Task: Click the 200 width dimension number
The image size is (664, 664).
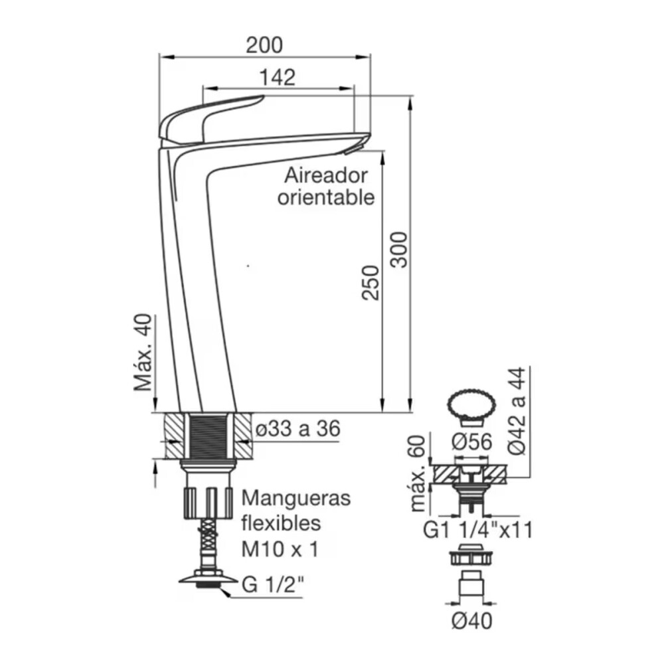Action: point(264,45)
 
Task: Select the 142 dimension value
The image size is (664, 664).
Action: point(278,78)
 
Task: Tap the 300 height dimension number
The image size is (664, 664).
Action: point(399,250)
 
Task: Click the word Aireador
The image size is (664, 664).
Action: point(326,175)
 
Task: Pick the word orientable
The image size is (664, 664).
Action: point(326,197)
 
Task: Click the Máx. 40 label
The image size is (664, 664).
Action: point(143,353)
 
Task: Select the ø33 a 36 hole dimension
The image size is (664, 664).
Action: point(297,429)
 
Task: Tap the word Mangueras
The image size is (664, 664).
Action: point(296,498)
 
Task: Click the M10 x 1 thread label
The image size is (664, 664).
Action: point(280,550)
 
